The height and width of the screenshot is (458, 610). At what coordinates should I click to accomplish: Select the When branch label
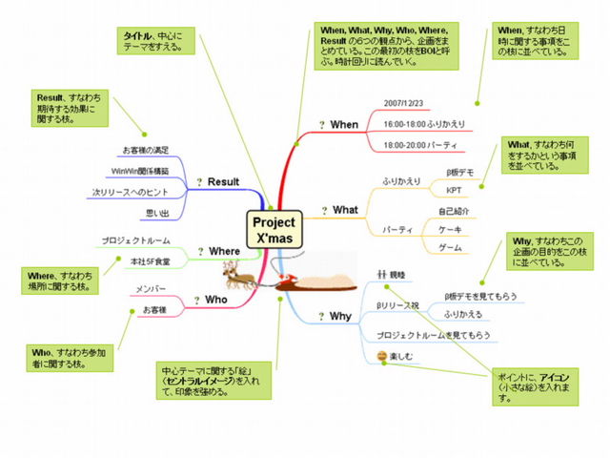pyautogui.click(x=343, y=125)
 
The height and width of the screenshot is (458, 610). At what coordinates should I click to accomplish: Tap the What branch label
pyautogui.click(x=344, y=210)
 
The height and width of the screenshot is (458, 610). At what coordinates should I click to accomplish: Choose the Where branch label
pyautogui.click(x=224, y=251)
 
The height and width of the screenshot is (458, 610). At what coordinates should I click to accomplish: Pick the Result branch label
pyautogui.click(x=223, y=181)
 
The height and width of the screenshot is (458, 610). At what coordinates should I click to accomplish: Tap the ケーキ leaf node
pyautogui.click(x=451, y=229)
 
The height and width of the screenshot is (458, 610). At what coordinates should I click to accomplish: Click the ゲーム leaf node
pyautogui.click(x=451, y=248)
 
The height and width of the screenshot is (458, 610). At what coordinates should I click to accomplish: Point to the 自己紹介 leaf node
pyautogui.click(x=454, y=211)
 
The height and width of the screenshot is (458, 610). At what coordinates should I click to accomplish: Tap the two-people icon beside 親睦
pyautogui.click(x=381, y=274)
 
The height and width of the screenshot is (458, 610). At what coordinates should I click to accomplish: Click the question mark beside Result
pyautogui.click(x=198, y=181)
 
